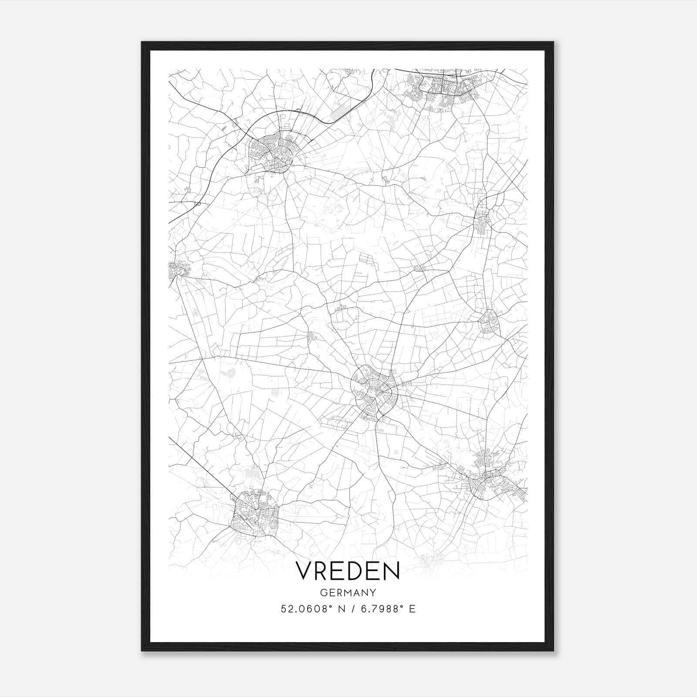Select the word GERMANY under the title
(348, 593)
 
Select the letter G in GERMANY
(323, 593)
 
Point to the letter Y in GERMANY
(373, 593)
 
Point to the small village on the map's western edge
(176, 269)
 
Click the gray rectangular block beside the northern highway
(340, 112)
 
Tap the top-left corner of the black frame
(142, 42)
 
